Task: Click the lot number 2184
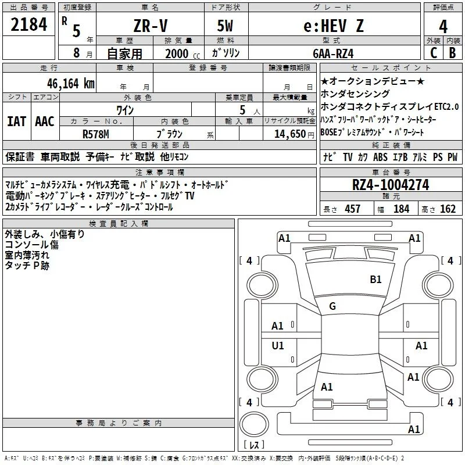pos(28,24)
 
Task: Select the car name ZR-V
pos(151,26)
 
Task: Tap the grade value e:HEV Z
pos(334,26)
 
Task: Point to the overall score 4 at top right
pos(443,27)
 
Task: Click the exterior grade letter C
pos(434,53)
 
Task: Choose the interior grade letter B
pos(452,53)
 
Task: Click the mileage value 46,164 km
pos(70,84)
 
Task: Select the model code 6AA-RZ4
pos(333,53)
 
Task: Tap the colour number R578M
pos(96,134)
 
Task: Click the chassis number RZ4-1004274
pos(391,185)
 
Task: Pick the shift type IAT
pos(16,121)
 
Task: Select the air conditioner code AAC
pos(45,121)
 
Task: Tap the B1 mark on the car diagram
pos(375,279)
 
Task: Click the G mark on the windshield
pos(332,306)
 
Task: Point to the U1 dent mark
pos(278,345)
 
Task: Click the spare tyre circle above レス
pos(254,424)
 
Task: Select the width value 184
pos(401,209)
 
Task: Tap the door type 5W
pos(225,26)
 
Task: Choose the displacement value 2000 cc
pos(183,53)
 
